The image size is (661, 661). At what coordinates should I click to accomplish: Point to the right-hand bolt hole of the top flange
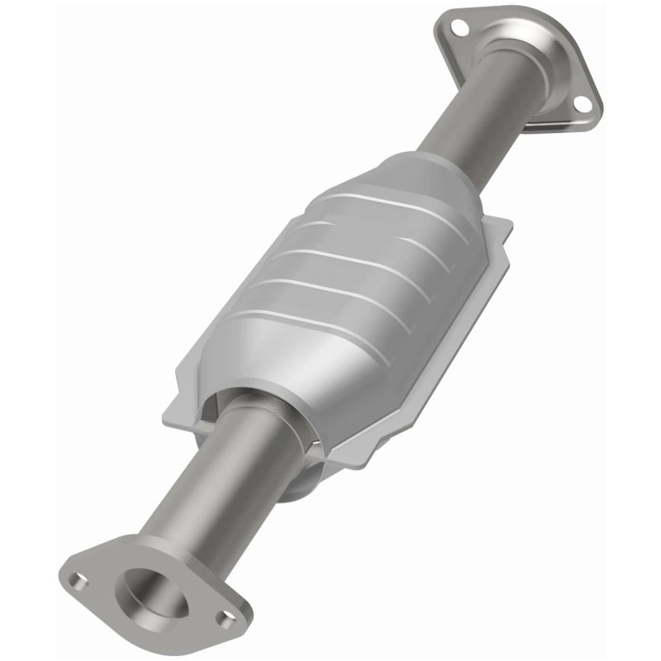coord(582,103)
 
